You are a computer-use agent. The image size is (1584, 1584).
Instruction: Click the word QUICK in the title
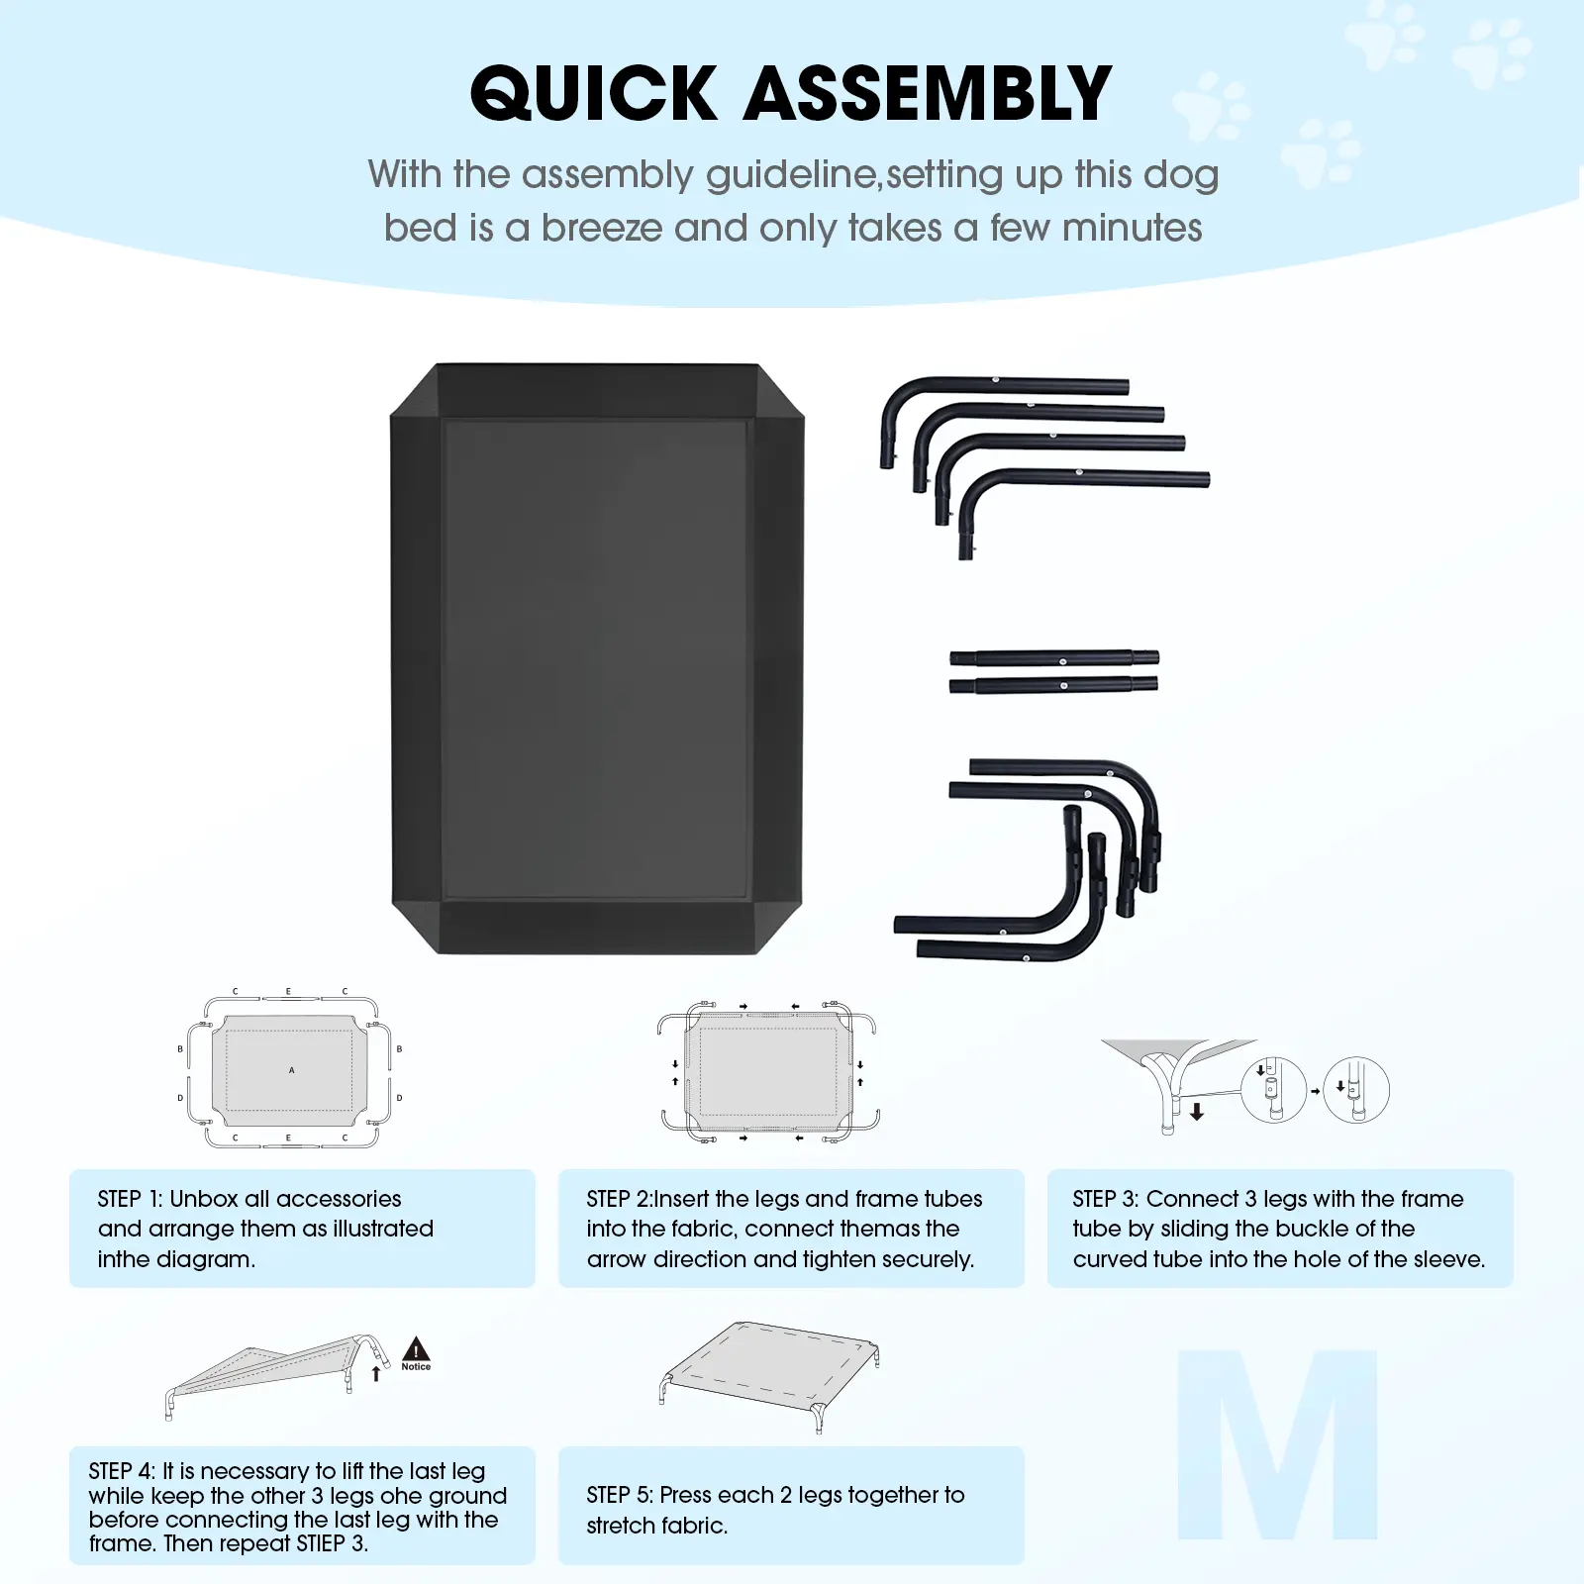tap(593, 95)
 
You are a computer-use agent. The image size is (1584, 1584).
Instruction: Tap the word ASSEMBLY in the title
tap(928, 94)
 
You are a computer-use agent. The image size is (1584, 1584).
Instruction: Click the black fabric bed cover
tap(598, 658)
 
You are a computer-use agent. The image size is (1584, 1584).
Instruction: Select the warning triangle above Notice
tap(416, 1348)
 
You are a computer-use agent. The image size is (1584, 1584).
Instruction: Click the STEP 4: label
tap(122, 1471)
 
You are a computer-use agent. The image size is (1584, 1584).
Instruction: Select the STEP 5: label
tap(620, 1495)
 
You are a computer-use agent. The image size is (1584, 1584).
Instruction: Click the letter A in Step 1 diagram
tap(291, 1070)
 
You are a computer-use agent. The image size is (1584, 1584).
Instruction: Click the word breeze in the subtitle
tap(602, 229)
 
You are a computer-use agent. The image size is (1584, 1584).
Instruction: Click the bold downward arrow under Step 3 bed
tap(1197, 1112)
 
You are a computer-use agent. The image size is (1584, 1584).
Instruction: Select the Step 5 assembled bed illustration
tap(769, 1376)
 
